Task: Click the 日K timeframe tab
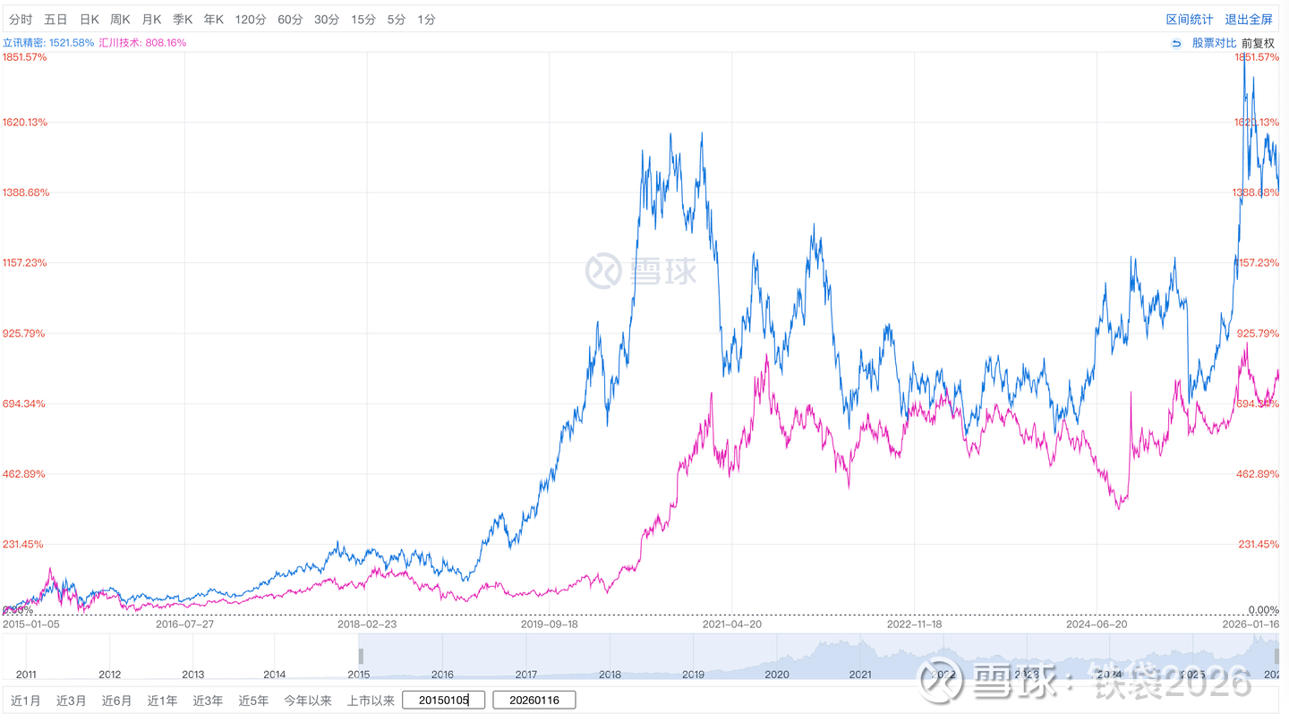pyautogui.click(x=89, y=19)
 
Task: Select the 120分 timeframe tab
pyautogui.click(x=251, y=19)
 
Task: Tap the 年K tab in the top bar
pyautogui.click(x=213, y=19)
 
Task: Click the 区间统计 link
pyautogui.click(x=1190, y=19)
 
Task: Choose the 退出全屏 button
pyautogui.click(x=1249, y=19)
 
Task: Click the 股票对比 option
pyautogui.click(x=1214, y=42)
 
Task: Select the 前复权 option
pyautogui.click(x=1258, y=42)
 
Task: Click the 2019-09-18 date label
pyautogui.click(x=550, y=624)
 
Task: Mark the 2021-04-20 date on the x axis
pyautogui.click(x=732, y=624)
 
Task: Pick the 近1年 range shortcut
pyautogui.click(x=162, y=701)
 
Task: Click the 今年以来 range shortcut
pyautogui.click(x=308, y=701)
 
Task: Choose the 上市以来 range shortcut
pyautogui.click(x=371, y=701)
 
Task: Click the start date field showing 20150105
pyautogui.click(x=443, y=700)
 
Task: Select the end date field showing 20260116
pyautogui.click(x=534, y=700)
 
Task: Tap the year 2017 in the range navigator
pyautogui.click(x=526, y=674)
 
